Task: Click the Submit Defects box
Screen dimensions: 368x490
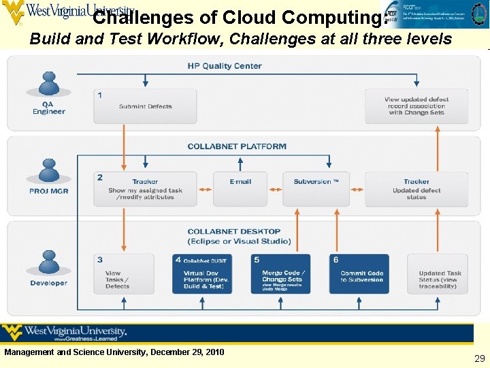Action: (145, 106)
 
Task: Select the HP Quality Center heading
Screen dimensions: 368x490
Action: (225, 66)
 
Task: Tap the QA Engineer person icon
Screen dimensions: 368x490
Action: (48, 88)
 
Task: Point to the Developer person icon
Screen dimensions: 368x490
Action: (48, 264)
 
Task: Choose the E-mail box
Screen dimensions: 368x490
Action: (240, 188)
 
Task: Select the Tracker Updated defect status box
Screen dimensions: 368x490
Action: (416, 189)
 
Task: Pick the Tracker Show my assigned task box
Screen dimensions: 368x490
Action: (145, 189)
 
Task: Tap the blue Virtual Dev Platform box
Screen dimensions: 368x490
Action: (203, 274)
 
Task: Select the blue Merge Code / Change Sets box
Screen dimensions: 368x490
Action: (280, 274)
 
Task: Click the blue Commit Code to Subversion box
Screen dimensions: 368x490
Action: (359, 274)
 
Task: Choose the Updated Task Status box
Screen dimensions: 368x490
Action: (438, 274)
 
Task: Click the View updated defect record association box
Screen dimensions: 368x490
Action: (416, 106)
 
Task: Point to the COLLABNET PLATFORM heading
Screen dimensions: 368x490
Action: (237, 147)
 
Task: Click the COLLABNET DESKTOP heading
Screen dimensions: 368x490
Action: (234, 232)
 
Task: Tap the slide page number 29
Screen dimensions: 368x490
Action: (479, 358)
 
